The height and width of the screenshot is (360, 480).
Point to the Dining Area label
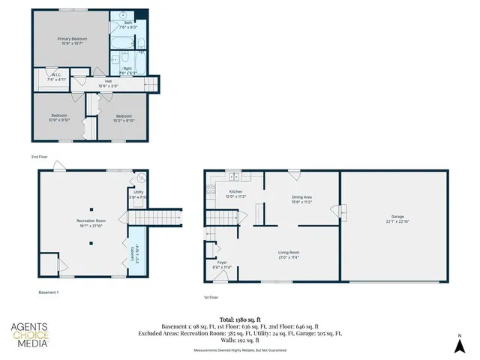click(x=302, y=199)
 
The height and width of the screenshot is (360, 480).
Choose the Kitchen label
click(x=236, y=193)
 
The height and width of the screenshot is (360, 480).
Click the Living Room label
click(x=289, y=254)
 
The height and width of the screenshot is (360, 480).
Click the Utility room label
click(x=138, y=194)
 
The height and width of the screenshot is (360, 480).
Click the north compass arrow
click(x=460, y=344)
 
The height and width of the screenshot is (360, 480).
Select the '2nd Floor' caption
click(x=40, y=157)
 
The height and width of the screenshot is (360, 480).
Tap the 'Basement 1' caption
click(x=48, y=292)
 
